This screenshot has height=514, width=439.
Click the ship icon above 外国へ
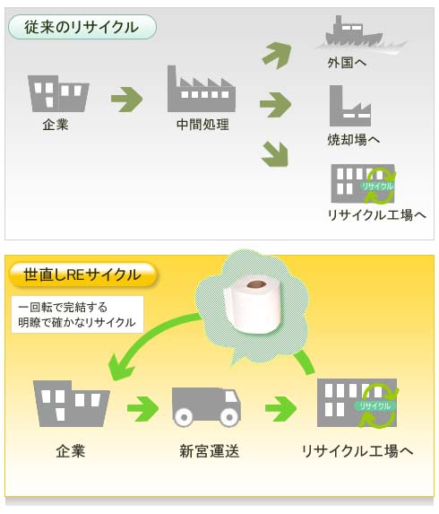[x=354, y=33]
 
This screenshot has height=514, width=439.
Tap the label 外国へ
[x=347, y=63]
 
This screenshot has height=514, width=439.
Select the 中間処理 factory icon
[x=202, y=89]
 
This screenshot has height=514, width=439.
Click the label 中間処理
[x=202, y=125]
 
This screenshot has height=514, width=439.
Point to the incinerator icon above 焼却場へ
[x=350, y=106]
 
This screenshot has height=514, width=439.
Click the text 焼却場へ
[x=354, y=140]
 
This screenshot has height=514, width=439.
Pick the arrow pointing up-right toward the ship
[x=277, y=55]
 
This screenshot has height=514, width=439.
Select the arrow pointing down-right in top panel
[x=275, y=153]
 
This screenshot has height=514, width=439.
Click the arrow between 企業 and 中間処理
[x=126, y=100]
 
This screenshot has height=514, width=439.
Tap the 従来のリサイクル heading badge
[x=82, y=27]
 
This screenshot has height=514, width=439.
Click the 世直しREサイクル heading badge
[x=82, y=274]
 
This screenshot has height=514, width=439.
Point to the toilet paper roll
[x=253, y=303]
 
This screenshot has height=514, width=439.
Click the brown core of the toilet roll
[x=256, y=284]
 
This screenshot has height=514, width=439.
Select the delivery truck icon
[x=206, y=407]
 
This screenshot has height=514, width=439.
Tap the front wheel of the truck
[x=229, y=417]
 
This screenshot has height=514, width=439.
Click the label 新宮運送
[x=210, y=451]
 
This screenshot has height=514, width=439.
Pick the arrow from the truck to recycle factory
[x=281, y=409]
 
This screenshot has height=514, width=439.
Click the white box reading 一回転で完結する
[x=77, y=315]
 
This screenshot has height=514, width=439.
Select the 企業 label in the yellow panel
[x=71, y=451]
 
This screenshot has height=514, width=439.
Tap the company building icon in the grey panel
[x=58, y=94]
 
